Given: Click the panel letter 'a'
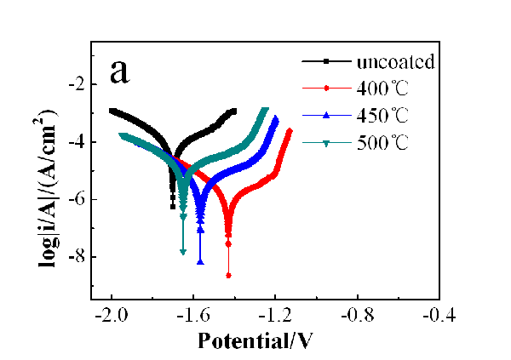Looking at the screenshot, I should [x=120, y=71].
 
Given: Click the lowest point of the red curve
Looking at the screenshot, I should [x=228, y=275].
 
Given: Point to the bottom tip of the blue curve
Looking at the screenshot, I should [x=200, y=262].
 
